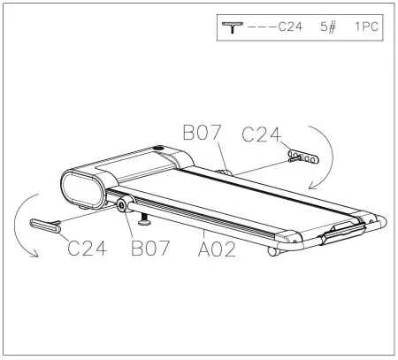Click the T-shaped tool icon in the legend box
pos(233,27)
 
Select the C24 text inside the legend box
pos(290,27)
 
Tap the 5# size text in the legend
pos(328,27)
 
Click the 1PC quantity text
pos(366,27)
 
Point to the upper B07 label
pos(202,133)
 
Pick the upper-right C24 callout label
pos(262,134)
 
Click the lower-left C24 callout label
pos(88,248)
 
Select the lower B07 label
pos(150,248)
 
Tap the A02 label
pos(217,249)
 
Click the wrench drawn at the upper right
pos(303,157)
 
